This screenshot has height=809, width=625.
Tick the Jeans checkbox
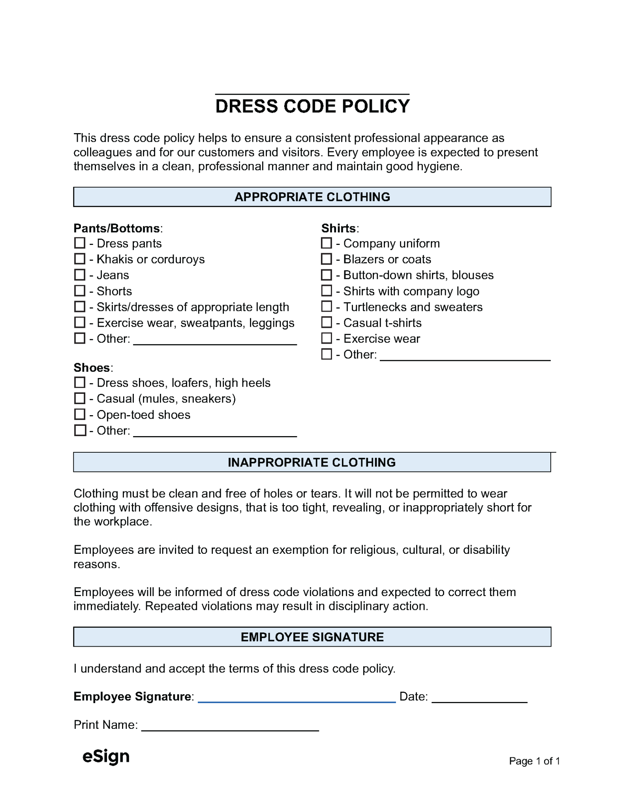(x=80, y=275)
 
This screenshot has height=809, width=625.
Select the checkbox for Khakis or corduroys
(x=80, y=259)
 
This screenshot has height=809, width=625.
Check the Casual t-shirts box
(x=327, y=322)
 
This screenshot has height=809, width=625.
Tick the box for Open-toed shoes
(x=80, y=414)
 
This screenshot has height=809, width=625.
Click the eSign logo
(x=106, y=756)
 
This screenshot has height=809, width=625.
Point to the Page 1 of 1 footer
(x=534, y=761)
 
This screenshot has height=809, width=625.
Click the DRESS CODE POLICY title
(x=312, y=106)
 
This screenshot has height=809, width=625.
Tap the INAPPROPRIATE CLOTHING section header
(x=312, y=462)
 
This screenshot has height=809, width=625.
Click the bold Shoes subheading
(x=92, y=368)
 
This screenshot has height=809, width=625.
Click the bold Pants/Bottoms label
(x=117, y=228)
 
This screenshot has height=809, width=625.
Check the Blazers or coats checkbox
(x=327, y=259)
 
